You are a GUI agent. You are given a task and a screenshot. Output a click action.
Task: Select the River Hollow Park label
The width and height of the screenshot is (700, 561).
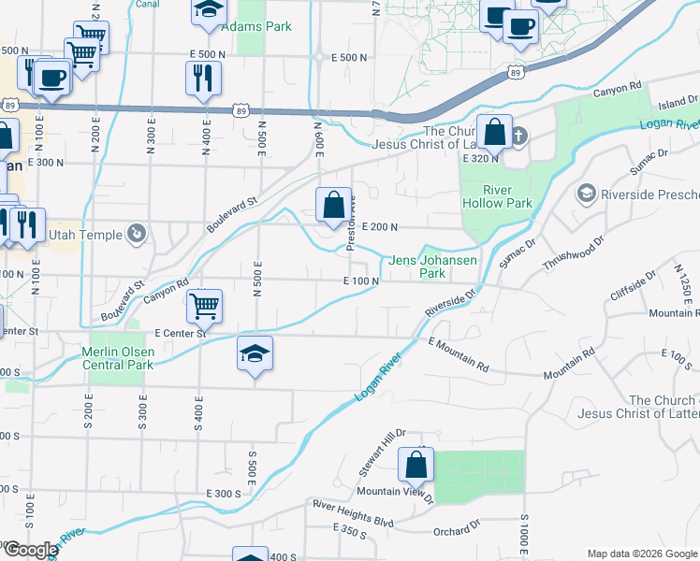(497, 196)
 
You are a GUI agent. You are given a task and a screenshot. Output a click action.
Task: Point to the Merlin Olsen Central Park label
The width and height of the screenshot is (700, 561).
(117, 358)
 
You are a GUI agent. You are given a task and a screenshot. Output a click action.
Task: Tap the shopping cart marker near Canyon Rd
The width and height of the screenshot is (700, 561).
(204, 305)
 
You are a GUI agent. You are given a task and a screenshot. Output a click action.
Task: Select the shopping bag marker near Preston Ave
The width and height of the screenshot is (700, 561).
(333, 204)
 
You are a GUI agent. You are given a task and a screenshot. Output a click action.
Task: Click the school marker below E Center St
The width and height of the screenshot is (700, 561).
(255, 354)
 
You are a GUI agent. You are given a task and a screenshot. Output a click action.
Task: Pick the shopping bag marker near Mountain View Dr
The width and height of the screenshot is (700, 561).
(416, 465)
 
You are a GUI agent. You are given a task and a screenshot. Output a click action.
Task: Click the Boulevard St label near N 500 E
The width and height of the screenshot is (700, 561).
(232, 213)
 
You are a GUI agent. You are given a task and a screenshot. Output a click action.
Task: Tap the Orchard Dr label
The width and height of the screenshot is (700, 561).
(456, 532)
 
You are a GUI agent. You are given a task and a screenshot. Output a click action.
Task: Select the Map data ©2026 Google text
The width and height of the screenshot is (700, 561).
(641, 554)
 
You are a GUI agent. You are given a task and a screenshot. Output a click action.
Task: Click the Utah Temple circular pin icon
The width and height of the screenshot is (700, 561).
(138, 233)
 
